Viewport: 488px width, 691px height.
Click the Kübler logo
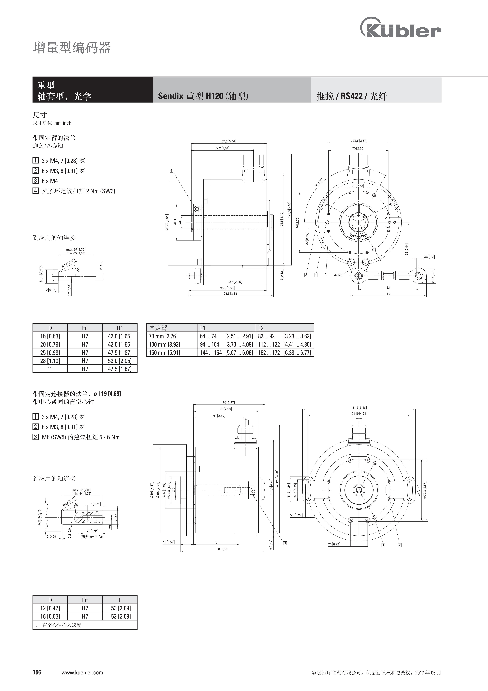pos(401,28)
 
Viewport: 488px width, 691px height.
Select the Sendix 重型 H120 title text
pos(203,96)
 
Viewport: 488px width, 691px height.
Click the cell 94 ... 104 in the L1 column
pos(210,344)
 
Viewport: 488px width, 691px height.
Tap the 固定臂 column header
pos(158,328)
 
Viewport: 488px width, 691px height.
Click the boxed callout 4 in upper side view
pos(171,171)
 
